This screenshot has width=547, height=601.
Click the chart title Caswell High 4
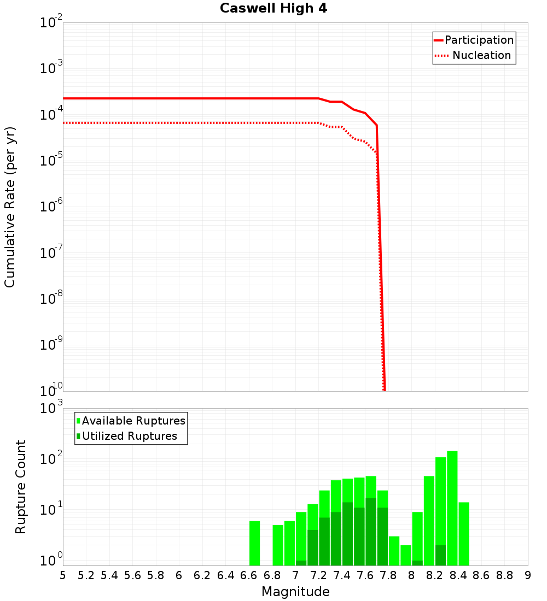tap(273, 9)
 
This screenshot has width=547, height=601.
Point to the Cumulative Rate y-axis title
tap(10, 207)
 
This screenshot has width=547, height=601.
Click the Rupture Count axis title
tap(21, 487)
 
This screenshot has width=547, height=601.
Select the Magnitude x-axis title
tap(295, 592)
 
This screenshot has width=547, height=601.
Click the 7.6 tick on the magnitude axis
tap(365, 575)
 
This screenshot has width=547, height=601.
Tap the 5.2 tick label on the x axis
tap(86, 575)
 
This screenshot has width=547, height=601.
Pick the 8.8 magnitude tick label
tap(504, 575)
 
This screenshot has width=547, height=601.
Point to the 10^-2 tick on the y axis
tap(51, 23)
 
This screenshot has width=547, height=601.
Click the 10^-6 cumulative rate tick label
tap(51, 207)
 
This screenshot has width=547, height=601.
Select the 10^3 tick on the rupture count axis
tap(51, 409)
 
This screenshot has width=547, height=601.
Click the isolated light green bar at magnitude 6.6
tap(255, 544)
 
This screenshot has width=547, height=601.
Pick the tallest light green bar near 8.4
tap(452, 508)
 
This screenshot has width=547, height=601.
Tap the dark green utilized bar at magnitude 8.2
tap(441, 555)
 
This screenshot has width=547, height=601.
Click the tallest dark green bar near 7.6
tap(371, 532)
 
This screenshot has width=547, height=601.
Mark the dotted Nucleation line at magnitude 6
tap(179, 123)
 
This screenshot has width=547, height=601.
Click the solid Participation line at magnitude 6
tap(179, 98)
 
